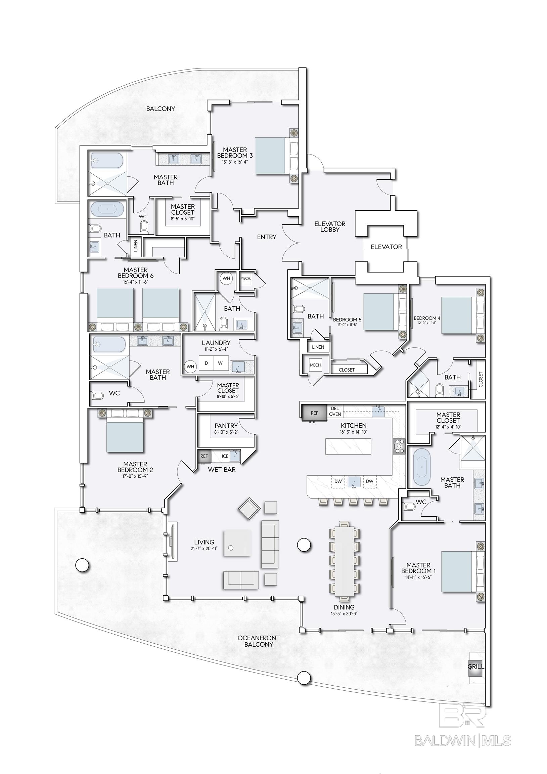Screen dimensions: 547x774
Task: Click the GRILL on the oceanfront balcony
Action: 476,666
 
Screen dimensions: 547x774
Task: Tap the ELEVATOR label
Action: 386,247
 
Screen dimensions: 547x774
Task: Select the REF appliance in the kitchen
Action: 314,413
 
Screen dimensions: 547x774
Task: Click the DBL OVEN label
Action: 335,411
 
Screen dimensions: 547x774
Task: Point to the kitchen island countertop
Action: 349,446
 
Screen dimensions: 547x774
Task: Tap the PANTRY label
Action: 226,426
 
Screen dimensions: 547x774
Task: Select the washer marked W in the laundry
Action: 220,363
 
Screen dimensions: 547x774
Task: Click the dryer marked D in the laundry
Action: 206,363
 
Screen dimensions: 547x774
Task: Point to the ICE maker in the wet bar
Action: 225,456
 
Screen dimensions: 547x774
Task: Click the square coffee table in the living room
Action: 238,545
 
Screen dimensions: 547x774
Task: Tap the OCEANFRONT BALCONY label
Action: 259,641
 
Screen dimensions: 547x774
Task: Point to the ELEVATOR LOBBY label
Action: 330,226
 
